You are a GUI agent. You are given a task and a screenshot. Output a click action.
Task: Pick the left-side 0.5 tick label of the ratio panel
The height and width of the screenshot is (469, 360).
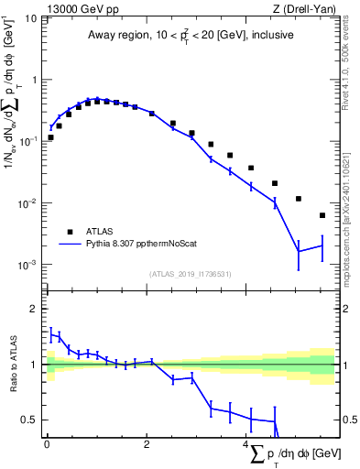pos(30,420)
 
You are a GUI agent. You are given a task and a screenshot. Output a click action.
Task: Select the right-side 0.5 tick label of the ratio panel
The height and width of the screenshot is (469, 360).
pos(347,420)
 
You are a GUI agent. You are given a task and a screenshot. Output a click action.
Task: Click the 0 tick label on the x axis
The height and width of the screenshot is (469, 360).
pos(47,446)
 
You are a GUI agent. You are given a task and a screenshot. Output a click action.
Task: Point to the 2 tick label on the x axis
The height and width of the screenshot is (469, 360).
pos(147,446)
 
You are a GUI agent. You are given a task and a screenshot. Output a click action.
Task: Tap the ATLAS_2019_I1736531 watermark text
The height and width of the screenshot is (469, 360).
pos(191,274)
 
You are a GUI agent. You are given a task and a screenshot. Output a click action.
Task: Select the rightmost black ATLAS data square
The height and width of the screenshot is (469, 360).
pos(322,215)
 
